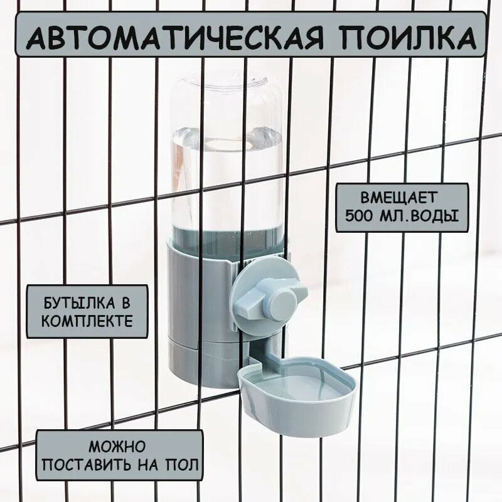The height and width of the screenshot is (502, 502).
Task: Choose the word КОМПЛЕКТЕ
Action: [87, 321]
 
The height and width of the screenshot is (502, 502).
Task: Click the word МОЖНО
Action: [117, 447]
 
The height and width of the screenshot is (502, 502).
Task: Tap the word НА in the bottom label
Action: [154, 466]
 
